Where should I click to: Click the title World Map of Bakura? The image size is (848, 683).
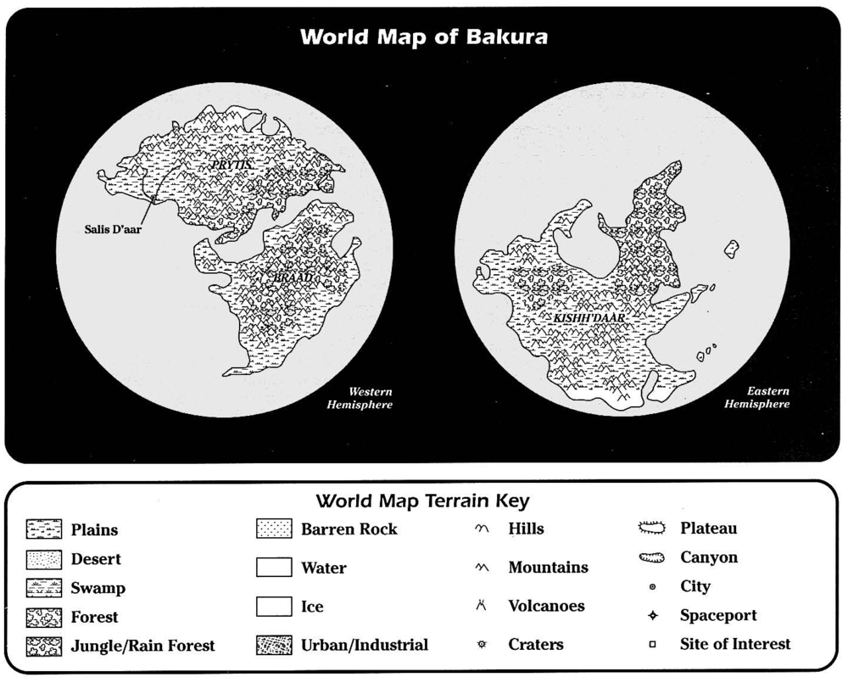click(423, 38)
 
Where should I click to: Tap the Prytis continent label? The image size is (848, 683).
click(232, 166)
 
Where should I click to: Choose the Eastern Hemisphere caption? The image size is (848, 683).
click(756, 398)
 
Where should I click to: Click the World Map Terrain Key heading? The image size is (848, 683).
click(423, 500)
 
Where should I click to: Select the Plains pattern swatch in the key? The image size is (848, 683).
click(44, 530)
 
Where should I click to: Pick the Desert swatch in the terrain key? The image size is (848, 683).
click(44, 560)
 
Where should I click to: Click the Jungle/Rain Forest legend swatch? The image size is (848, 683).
click(44, 647)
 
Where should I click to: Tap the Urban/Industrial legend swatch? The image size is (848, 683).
click(273, 646)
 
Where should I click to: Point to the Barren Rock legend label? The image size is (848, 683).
click(349, 529)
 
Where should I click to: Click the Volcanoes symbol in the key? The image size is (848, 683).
click(482, 606)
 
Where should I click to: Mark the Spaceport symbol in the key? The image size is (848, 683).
click(652, 615)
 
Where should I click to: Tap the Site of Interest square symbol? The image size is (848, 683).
click(652, 645)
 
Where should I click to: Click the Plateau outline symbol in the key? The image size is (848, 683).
click(654, 529)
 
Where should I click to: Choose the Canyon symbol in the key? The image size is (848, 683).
click(654, 558)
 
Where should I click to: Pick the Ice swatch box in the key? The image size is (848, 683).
click(273, 607)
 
